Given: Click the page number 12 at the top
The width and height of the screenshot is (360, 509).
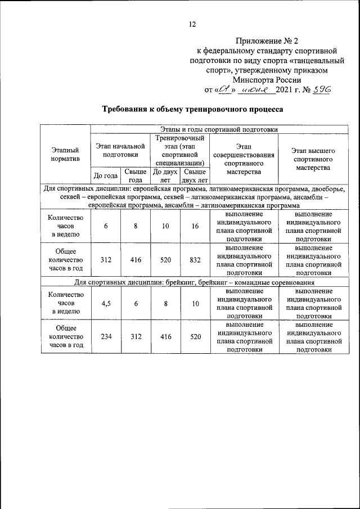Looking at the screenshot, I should click(192, 24).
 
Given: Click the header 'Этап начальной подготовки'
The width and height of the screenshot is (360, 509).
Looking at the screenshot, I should click(120, 150).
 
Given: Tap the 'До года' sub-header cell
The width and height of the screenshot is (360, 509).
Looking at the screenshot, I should click(106, 175).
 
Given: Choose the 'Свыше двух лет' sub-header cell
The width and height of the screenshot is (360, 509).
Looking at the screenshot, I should click(195, 175).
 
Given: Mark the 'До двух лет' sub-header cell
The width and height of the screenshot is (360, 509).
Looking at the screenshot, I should click(165, 175).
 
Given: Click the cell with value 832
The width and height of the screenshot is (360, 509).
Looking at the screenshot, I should click(195, 260).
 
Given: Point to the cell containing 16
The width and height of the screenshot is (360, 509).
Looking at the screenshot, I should click(195, 226).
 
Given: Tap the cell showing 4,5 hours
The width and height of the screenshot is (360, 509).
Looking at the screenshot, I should click(106, 304).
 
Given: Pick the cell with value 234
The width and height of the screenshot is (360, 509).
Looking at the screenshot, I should click(106, 337).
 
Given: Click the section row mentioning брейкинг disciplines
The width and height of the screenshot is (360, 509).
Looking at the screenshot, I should click(194, 282).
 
